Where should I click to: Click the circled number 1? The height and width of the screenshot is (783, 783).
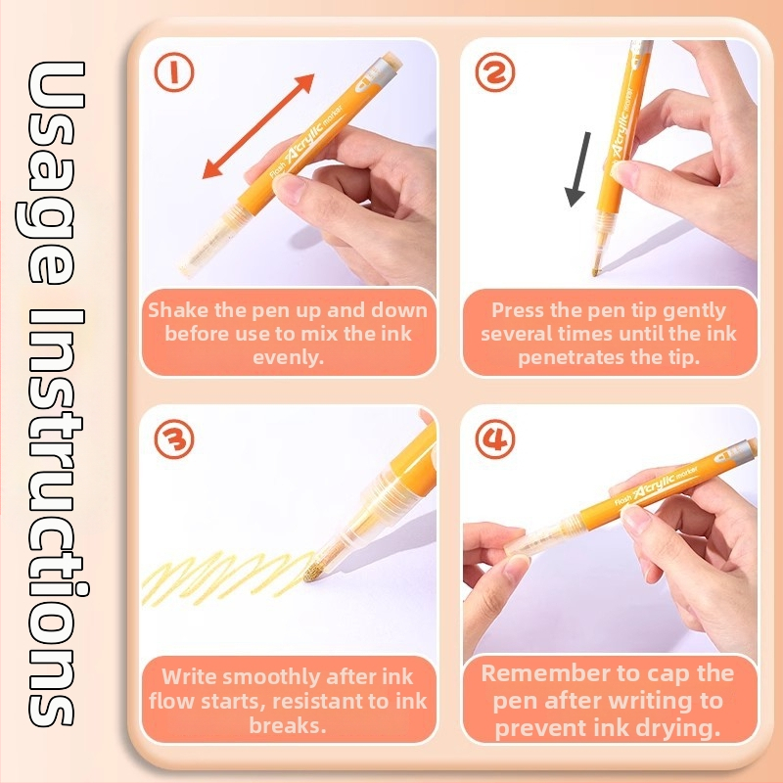pos(174,71)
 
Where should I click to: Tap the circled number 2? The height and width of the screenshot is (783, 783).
pos(495,71)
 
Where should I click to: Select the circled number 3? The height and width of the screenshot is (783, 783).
pos(174,439)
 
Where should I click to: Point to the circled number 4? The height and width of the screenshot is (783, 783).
pos(495,439)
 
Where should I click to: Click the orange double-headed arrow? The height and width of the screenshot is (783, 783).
pos(258,126)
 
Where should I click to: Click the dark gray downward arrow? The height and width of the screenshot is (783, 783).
pos(579,168)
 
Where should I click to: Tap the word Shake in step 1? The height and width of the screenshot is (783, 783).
pos(178,310)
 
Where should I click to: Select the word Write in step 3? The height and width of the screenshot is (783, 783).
pos(190,677)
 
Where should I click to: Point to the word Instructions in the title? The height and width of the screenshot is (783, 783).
pos(54,518)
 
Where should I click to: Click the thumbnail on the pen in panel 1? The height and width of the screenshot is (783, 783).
pos(288,188)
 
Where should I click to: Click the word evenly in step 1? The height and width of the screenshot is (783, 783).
pos(288,357)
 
